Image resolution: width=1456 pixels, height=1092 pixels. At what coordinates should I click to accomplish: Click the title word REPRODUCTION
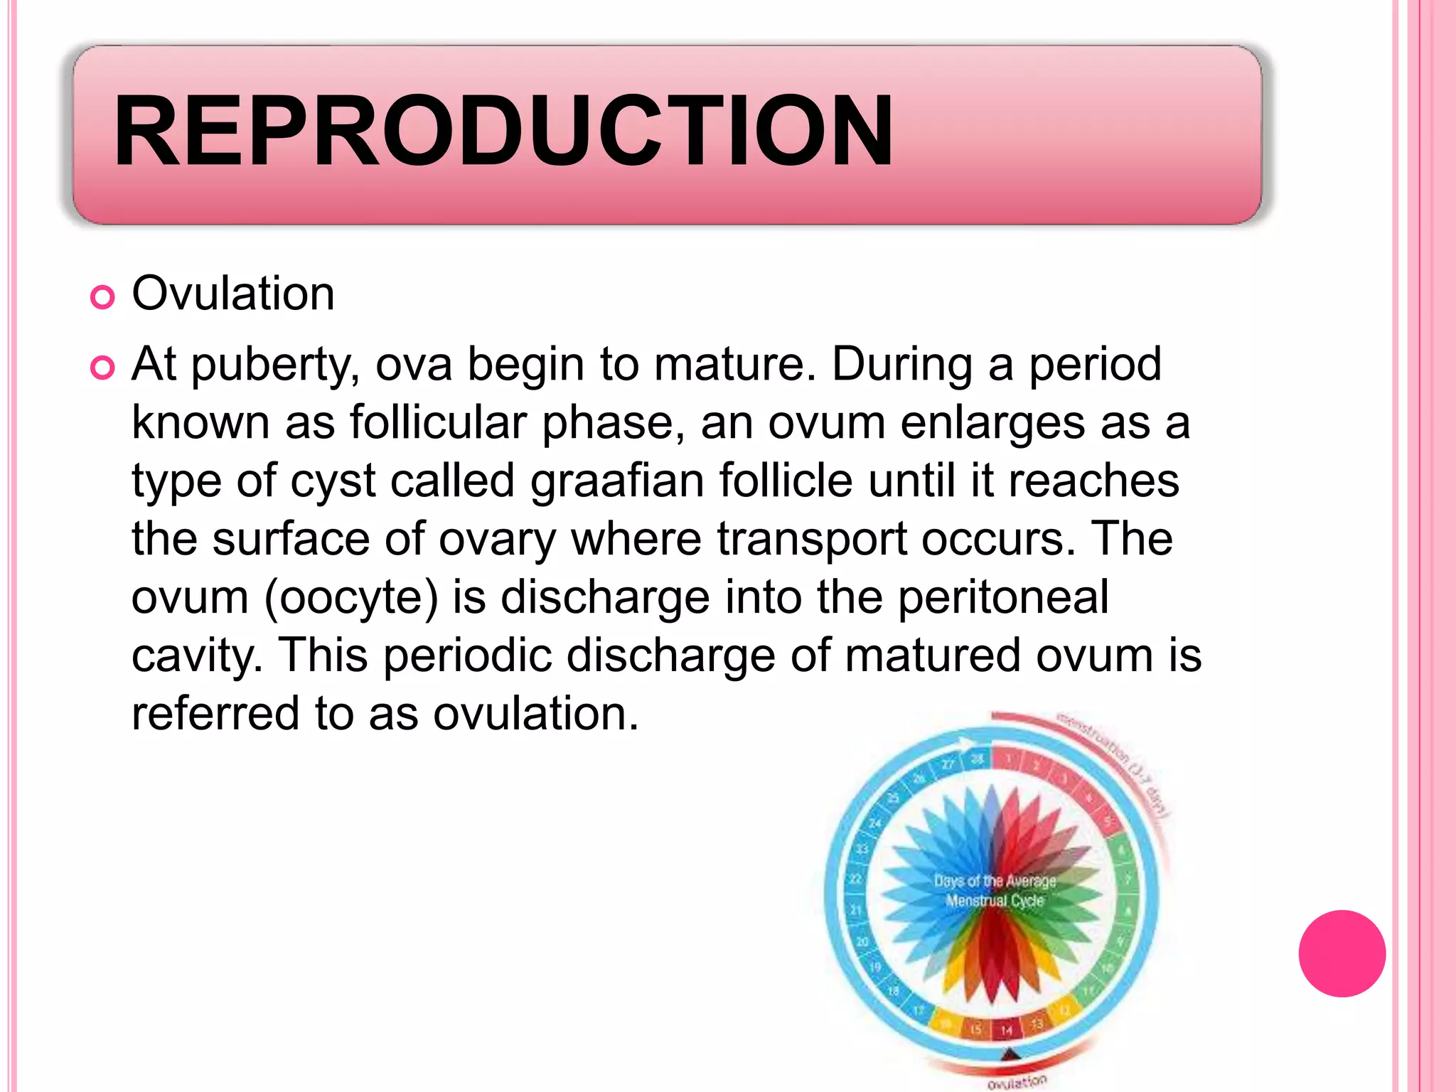tap(502, 132)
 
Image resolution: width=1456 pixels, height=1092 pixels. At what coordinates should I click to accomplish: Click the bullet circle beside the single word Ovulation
tap(102, 297)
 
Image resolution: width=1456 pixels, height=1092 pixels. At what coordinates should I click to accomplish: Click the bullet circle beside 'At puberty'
tap(102, 368)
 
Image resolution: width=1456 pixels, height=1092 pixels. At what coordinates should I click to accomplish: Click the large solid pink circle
tap(1342, 953)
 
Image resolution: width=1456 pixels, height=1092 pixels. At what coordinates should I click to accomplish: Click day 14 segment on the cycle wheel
tap(1007, 1029)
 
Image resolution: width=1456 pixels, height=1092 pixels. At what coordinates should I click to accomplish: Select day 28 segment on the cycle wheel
tap(978, 759)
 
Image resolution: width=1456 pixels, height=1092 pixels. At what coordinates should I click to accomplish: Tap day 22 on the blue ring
tap(855, 879)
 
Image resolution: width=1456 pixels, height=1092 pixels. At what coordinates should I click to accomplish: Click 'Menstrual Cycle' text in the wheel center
tap(994, 901)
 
